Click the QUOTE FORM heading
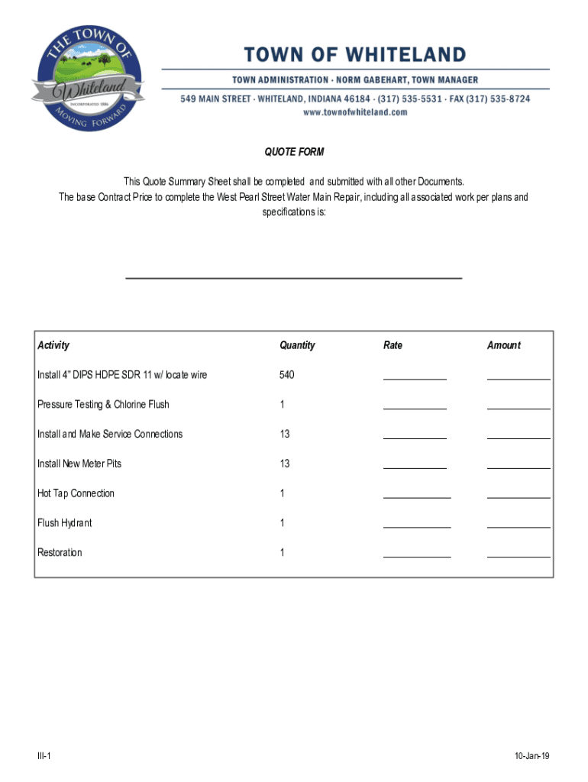[294, 152]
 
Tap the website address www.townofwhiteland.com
[355, 112]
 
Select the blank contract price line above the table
[293, 276]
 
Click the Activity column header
[53, 345]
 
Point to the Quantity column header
[297, 345]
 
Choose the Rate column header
[393, 345]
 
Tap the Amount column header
[504, 345]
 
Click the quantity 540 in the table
[287, 375]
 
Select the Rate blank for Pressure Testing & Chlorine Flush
[415, 407]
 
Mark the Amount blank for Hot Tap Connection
[519, 496]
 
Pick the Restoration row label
[60, 552]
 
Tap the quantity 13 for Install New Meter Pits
[285, 464]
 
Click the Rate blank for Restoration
[416, 555]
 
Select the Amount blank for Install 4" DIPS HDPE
[519, 377]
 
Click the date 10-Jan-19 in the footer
[532, 756]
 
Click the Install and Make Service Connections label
[110, 434]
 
